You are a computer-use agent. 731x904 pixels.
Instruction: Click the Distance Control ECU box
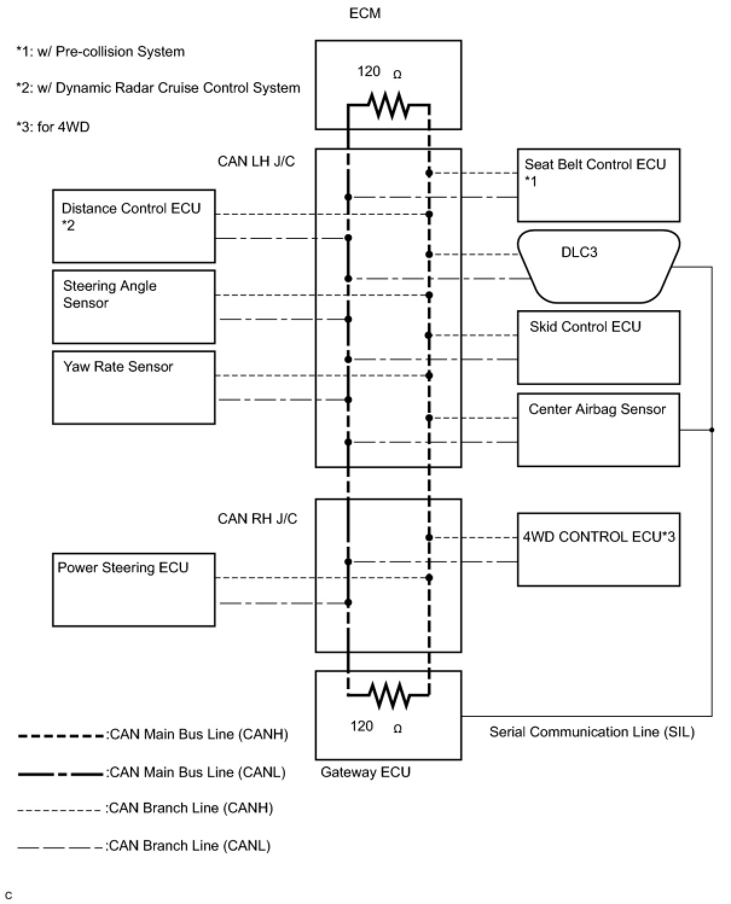[134, 226]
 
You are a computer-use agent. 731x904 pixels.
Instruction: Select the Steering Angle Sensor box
[134, 307]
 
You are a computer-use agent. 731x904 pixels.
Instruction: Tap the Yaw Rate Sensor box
[134, 387]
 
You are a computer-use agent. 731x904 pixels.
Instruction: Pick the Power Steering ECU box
[134, 590]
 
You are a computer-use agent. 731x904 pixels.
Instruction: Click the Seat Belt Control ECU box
[598, 185]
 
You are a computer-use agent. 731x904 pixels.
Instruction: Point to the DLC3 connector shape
[598, 266]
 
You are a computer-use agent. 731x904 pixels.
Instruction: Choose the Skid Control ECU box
[598, 347]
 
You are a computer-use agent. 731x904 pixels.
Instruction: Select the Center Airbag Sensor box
[598, 430]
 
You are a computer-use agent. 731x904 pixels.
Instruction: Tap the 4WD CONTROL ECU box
[598, 549]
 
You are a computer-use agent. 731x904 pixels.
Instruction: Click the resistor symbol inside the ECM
[389, 106]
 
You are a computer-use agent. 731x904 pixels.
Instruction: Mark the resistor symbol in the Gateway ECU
[389, 695]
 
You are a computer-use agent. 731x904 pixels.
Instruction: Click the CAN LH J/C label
[256, 161]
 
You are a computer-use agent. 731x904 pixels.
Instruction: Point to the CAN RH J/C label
[257, 518]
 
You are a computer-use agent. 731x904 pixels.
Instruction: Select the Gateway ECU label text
[365, 772]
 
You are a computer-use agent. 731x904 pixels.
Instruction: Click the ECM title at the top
[365, 13]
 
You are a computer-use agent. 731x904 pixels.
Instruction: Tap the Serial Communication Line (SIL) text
[591, 732]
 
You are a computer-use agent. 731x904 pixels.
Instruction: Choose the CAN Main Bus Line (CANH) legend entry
[153, 735]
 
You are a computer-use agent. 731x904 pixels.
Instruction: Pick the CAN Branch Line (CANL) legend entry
[144, 846]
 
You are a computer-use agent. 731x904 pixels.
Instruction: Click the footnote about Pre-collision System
[100, 52]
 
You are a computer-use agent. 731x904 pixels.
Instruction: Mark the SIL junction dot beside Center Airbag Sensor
[712, 430]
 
